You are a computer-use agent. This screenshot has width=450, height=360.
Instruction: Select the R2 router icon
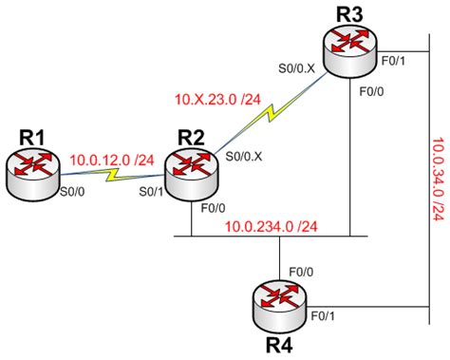click(191, 175)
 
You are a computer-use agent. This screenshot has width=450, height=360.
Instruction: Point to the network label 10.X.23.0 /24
click(216, 98)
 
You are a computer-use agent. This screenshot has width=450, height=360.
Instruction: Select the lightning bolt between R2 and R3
click(270, 113)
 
